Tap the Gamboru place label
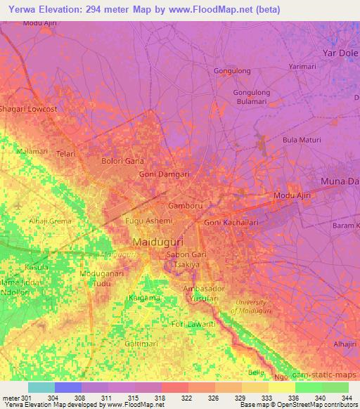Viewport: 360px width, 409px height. coord(186,206)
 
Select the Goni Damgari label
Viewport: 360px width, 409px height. coord(165,174)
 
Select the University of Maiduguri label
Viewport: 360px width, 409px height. coord(253,306)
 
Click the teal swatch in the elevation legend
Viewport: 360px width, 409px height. coord(41,387)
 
